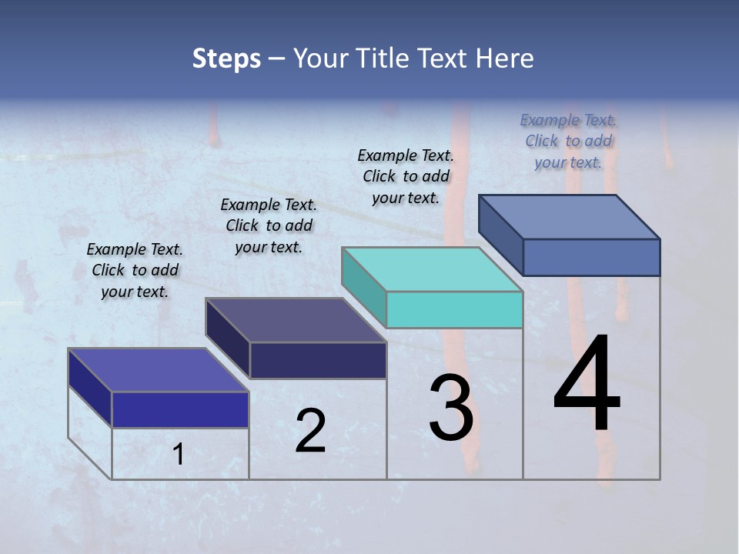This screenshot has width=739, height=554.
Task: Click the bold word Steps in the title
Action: tap(226, 58)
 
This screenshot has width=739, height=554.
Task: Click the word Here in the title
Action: tap(505, 58)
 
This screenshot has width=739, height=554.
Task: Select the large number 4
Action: tap(587, 384)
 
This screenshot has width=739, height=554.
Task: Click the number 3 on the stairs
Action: tap(451, 408)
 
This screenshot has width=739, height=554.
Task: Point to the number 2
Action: tap(310, 431)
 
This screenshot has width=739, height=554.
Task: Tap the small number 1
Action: tap(179, 455)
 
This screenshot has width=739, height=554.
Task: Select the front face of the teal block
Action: tap(454, 309)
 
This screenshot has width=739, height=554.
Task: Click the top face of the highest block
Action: tap(568, 216)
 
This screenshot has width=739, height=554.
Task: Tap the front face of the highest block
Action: tap(591, 257)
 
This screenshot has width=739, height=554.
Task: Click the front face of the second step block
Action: tap(318, 360)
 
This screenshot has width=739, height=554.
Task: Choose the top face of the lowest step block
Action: tap(158, 369)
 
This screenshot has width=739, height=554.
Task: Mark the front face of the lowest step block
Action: tap(180, 409)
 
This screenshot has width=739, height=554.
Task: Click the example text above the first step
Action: tap(135, 270)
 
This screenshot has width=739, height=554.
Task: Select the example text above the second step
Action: tap(269, 225)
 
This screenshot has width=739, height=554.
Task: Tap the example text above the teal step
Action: tap(406, 176)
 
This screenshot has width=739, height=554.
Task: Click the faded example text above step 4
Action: tap(568, 141)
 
